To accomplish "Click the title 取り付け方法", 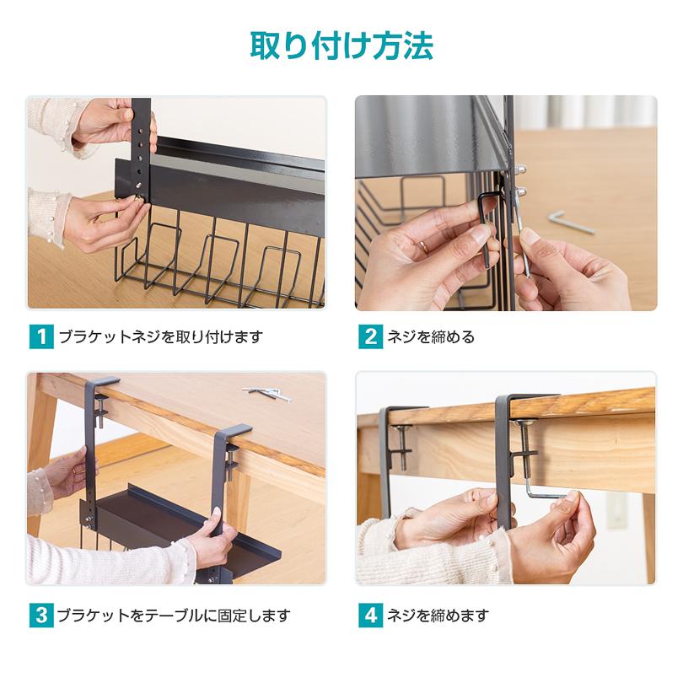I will [x=341, y=46].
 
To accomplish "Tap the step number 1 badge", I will [x=40, y=337].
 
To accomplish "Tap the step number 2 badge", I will [x=369, y=337].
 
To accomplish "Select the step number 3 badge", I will [x=40, y=615].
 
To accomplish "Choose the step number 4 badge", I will [x=369, y=615].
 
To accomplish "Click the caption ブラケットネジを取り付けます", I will [x=160, y=337].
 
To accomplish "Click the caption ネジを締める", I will [x=431, y=337].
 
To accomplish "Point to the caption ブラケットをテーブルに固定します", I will [x=173, y=615].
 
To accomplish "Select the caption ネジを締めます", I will [x=438, y=615].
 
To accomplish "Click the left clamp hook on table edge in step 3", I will [x=93, y=438].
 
